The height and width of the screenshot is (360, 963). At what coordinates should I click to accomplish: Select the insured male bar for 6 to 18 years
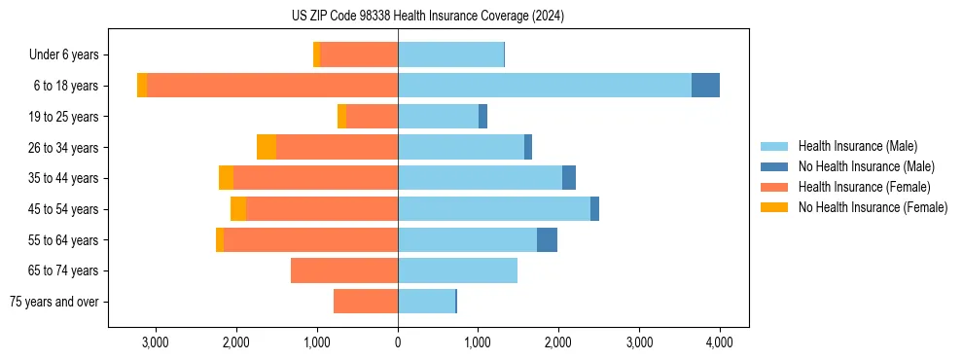(545, 86)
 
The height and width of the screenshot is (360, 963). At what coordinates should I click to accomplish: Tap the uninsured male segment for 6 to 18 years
(705, 86)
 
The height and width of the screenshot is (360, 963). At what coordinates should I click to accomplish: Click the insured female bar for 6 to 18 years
(272, 86)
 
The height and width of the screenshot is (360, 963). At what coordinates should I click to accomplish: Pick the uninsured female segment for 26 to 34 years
(267, 147)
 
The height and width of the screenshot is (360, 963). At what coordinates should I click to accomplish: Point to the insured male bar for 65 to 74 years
(457, 270)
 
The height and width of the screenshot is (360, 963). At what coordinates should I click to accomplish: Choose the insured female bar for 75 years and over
(366, 302)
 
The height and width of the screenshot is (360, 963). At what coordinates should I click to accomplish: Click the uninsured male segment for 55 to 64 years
(547, 239)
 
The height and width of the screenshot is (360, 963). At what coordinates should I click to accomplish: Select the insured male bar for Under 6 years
(450, 54)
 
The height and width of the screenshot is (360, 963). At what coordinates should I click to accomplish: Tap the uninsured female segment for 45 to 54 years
(238, 209)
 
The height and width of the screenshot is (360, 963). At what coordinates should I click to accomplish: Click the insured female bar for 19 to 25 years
(372, 117)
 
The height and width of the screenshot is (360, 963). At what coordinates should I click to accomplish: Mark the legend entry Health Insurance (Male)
(857, 146)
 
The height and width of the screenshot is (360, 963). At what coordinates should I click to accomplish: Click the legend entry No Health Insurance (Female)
(873, 207)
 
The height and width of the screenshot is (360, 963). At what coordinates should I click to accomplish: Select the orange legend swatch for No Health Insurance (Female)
(774, 207)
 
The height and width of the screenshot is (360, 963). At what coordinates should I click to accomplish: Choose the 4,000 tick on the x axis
(719, 342)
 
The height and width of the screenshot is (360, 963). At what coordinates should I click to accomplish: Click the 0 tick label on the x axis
(398, 342)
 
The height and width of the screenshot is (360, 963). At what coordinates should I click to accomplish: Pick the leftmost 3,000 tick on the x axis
(156, 342)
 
